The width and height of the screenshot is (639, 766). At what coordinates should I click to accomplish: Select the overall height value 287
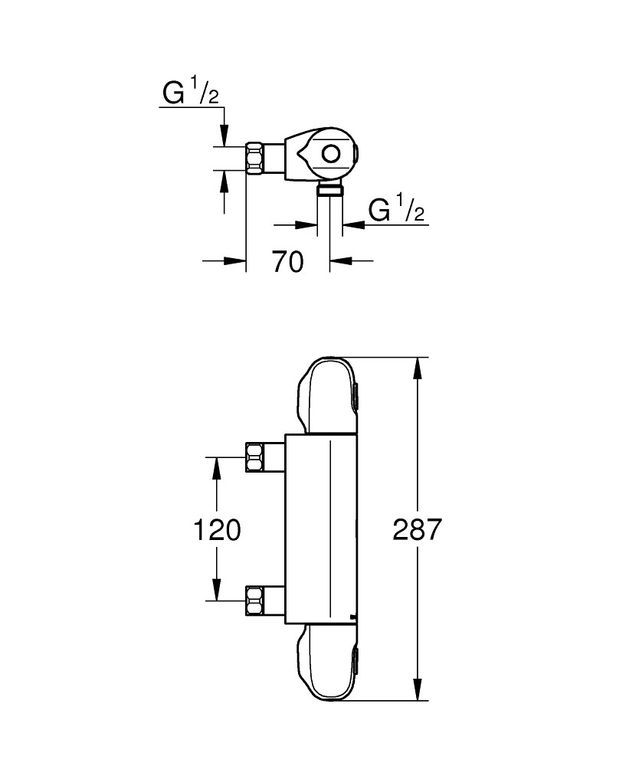(x=417, y=529)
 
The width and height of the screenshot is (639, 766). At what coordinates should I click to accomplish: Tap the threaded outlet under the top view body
(x=330, y=189)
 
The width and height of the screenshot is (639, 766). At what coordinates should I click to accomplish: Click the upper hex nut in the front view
(x=254, y=457)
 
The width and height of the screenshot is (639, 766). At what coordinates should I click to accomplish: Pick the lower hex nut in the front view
(x=254, y=600)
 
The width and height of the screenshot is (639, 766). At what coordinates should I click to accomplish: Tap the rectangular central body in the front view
(x=320, y=529)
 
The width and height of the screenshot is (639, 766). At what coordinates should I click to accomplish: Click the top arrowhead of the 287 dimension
(x=417, y=368)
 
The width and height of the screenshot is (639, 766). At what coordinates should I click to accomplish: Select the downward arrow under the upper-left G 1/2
(x=224, y=134)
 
